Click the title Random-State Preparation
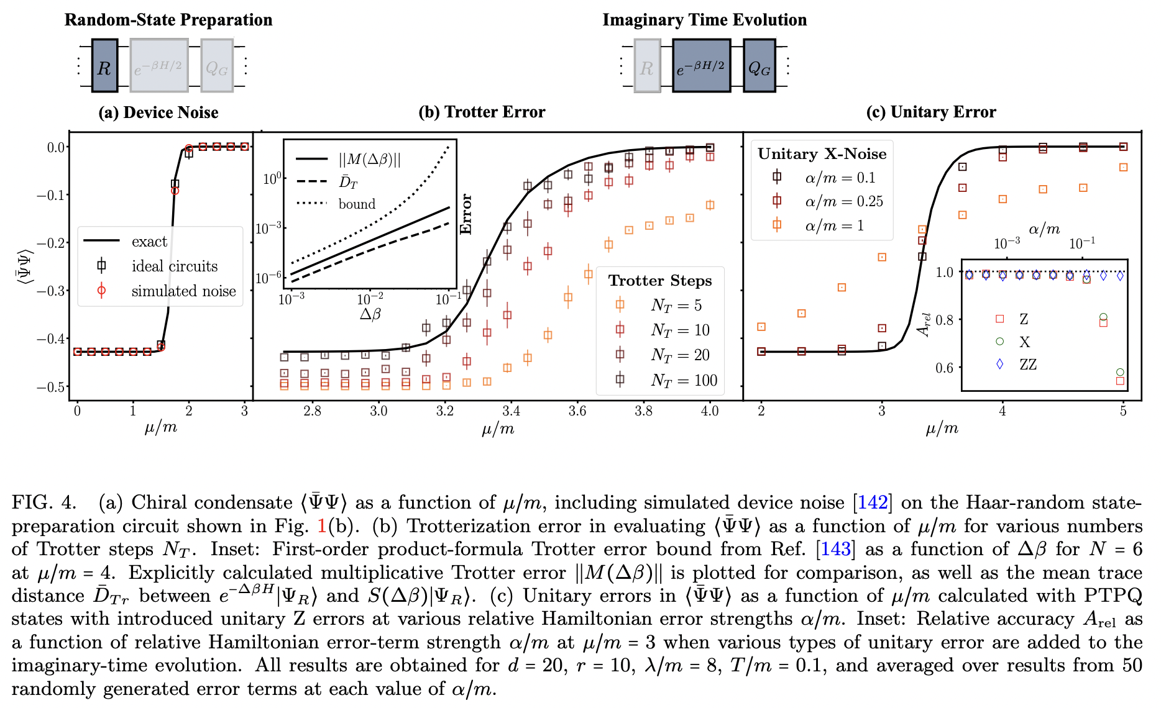click(168, 20)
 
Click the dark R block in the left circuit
click(104, 66)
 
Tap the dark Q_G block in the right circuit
click(759, 66)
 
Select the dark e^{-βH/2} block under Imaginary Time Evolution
click(701, 66)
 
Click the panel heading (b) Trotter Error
click(482, 112)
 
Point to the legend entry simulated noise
click(183, 291)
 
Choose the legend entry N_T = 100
click(684, 380)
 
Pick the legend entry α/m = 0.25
click(843, 201)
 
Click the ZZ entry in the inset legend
click(1027, 365)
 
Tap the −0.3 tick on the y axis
click(52, 291)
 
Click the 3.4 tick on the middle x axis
click(511, 411)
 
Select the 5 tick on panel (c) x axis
click(1122, 411)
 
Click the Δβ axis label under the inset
click(370, 314)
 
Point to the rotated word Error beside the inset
click(466, 214)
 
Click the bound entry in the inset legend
click(357, 204)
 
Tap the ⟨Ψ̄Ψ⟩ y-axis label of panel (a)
click(24, 267)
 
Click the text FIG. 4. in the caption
click(44, 502)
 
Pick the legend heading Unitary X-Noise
click(822, 154)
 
